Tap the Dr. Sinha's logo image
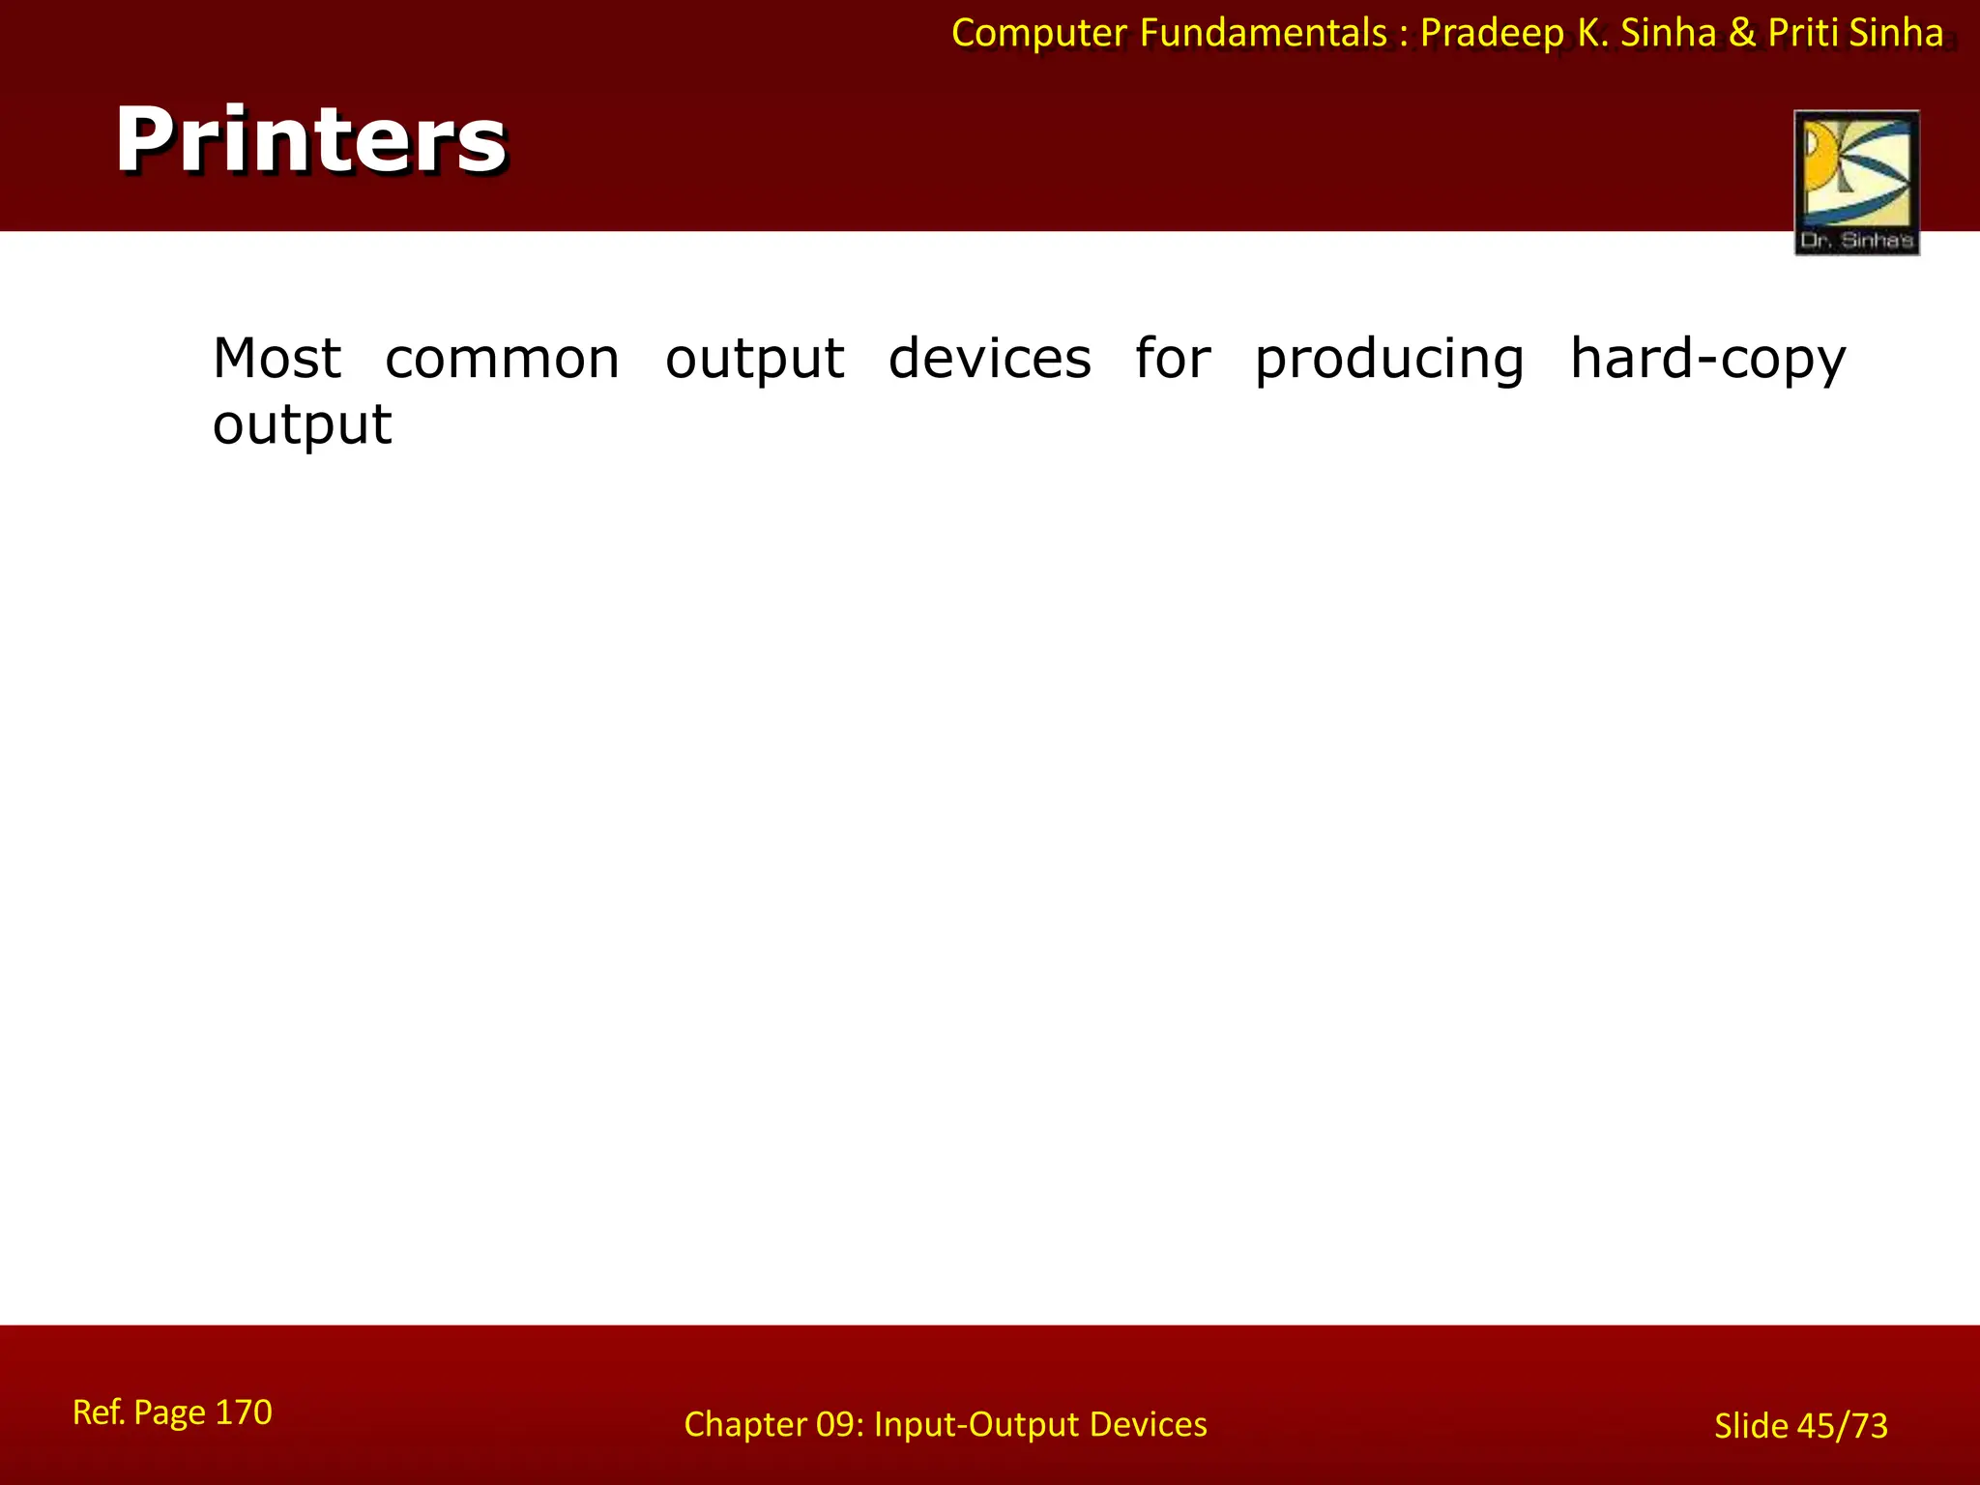(x=1856, y=182)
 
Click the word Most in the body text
(x=277, y=359)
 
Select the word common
(x=502, y=359)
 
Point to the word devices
(x=989, y=359)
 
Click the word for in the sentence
(x=1172, y=359)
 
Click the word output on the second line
(x=302, y=425)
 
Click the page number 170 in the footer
(x=243, y=1412)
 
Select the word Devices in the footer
(x=1148, y=1425)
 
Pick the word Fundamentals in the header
(x=1263, y=33)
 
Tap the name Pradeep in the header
(x=1491, y=34)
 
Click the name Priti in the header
(x=1803, y=33)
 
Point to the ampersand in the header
(x=1741, y=33)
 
